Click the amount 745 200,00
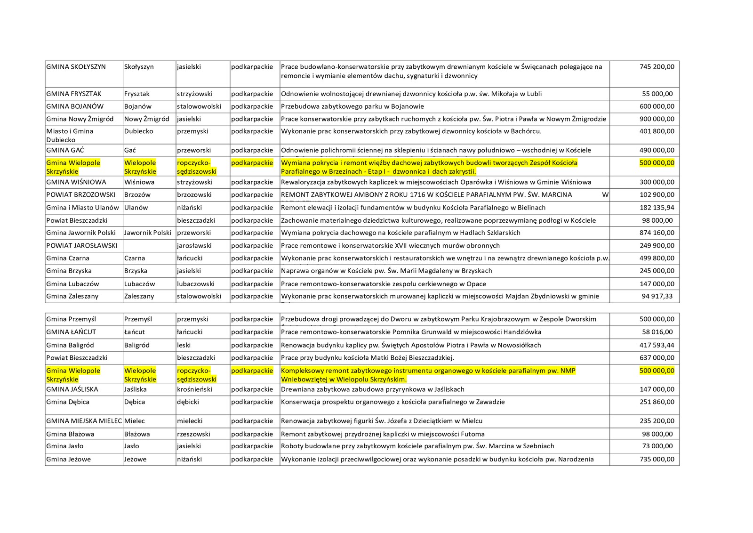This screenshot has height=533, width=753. [x=657, y=67]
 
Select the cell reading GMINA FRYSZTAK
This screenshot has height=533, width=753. [x=74, y=94]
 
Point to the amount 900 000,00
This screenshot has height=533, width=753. [x=657, y=119]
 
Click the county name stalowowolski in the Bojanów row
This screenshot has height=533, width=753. [x=199, y=106]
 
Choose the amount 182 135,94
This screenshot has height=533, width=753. [x=657, y=208]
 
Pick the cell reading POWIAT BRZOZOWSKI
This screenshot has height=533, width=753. [x=81, y=195]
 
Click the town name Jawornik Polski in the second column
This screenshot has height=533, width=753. [x=148, y=233]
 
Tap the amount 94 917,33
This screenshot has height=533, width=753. [x=657, y=296]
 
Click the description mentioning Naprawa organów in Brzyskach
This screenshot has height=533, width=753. [x=386, y=271]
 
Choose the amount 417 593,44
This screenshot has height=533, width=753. [x=657, y=345]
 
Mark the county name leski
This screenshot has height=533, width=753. [x=184, y=345]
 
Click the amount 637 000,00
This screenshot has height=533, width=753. [x=657, y=358]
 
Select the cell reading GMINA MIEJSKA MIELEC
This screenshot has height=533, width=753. [x=84, y=421]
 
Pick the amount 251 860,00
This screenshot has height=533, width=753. [x=657, y=402]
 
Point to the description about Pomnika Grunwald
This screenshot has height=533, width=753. [x=411, y=332]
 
